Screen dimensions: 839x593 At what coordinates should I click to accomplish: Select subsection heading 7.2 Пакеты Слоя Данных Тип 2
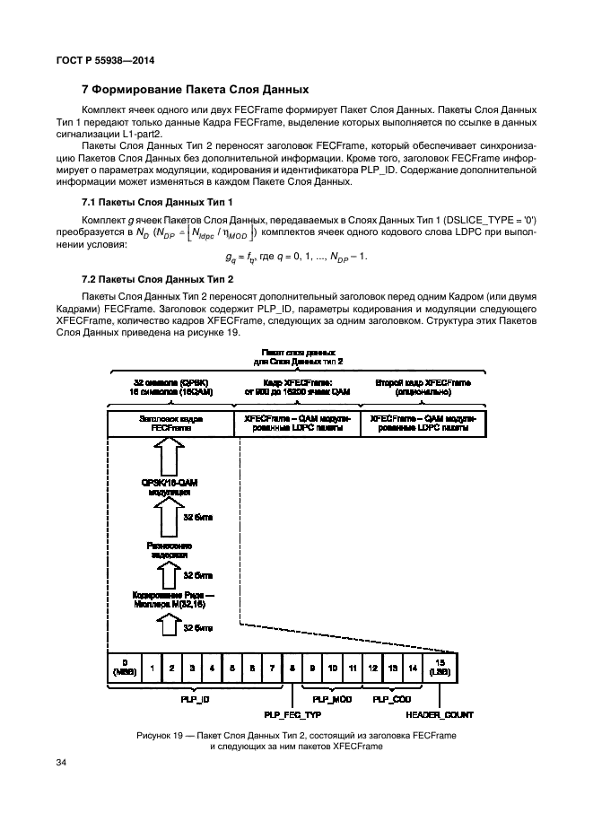157,280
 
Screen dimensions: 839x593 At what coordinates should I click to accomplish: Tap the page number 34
62,763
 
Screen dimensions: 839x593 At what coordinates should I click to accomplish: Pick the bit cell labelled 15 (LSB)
440,668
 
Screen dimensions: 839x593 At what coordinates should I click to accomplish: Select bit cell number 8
293,668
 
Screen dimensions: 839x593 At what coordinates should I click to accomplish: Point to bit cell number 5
233,668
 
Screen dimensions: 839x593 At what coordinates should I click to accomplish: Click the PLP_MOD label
332,698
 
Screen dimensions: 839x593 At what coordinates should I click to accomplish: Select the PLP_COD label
391,698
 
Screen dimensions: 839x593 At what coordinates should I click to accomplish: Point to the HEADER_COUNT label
440,715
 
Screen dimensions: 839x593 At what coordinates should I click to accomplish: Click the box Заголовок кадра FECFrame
170,424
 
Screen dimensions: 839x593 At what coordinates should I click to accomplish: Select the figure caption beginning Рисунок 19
296,740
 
